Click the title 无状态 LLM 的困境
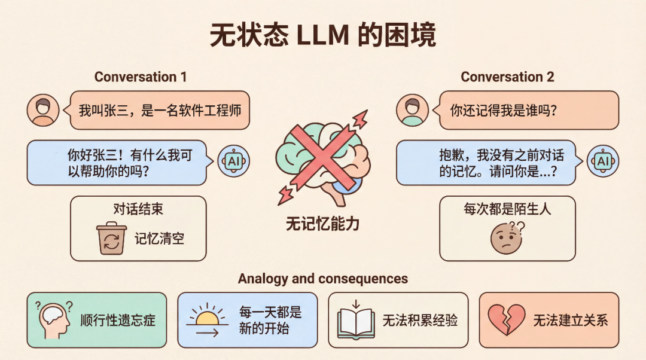click(323, 35)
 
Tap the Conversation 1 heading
click(141, 77)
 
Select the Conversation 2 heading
click(507, 77)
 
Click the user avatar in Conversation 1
click(43, 110)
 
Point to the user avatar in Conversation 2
click(413, 110)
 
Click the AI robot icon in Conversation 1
click(233, 161)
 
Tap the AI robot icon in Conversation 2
click(602, 161)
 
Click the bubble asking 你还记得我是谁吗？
click(529, 110)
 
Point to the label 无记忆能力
click(322, 224)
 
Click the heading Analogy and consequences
click(323, 279)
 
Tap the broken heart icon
click(507, 320)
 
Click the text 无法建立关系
click(570, 320)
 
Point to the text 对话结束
click(138, 209)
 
